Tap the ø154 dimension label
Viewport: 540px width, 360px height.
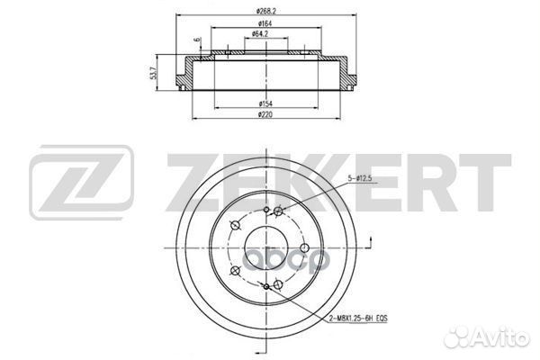264,103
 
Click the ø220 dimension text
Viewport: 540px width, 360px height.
264,116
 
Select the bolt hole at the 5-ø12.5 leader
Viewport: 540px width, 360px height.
282,212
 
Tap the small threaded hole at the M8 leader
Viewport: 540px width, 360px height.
269,286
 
